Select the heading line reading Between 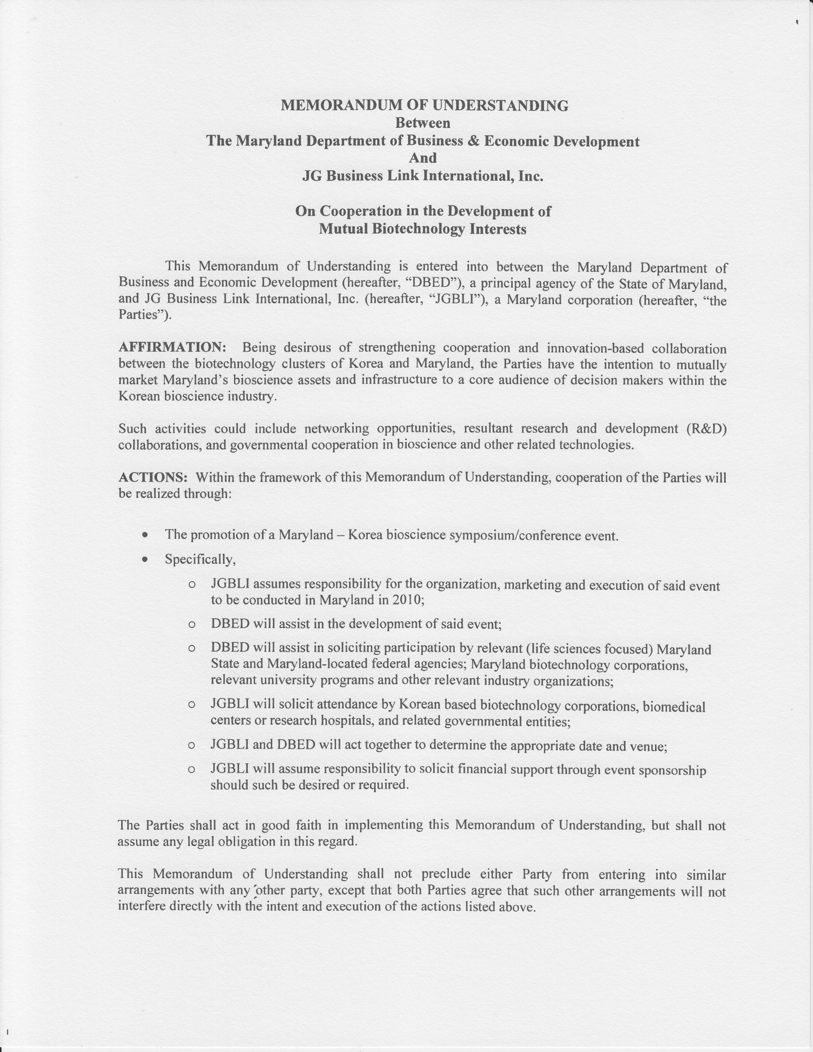tap(422, 123)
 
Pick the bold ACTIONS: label tap(153, 477)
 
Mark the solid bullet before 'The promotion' tap(144, 535)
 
